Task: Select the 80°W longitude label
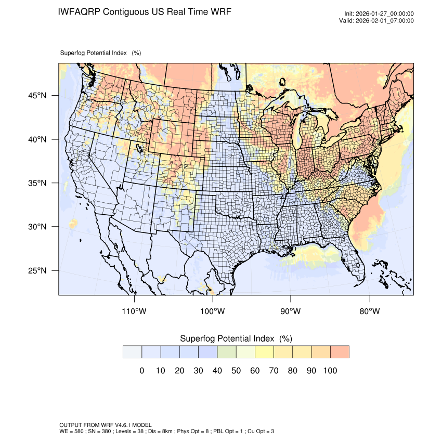coord(370,311)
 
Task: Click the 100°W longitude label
coord(212,311)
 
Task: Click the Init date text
coord(379,14)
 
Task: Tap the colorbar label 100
coord(330,371)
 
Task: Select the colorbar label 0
coord(141,371)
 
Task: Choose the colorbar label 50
coord(236,371)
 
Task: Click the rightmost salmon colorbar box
coord(340,352)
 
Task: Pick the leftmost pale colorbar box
coord(132,352)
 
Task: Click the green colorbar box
coord(226,352)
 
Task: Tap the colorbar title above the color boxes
coord(236,339)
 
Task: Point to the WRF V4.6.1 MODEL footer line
coord(106,425)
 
